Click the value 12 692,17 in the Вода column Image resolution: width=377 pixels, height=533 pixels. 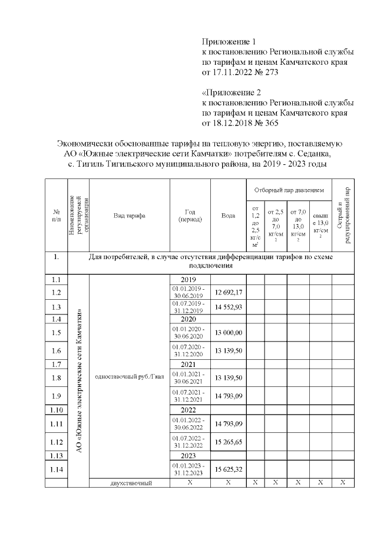pyautogui.click(x=229, y=292)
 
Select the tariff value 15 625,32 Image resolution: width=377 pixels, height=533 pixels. pyautogui.click(x=229, y=469)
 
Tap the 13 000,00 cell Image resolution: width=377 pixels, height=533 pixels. pyautogui.click(x=229, y=333)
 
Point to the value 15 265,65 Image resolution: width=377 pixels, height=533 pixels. pyautogui.click(x=229, y=442)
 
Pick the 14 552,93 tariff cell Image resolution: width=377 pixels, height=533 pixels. pyautogui.click(x=229, y=307)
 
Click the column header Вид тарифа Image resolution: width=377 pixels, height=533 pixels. pyautogui.click(x=129, y=216)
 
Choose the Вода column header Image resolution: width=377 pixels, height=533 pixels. pyautogui.click(x=229, y=216)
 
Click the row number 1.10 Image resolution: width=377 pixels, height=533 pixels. pyautogui.click(x=57, y=409)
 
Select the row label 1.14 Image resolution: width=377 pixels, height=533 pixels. pyautogui.click(x=57, y=469)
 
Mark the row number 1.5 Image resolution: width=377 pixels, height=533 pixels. pyautogui.click(x=57, y=333)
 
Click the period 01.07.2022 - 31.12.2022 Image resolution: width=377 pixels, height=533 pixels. pyautogui.click(x=190, y=442)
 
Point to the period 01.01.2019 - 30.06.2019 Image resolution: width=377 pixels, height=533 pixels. pyautogui.click(x=190, y=292)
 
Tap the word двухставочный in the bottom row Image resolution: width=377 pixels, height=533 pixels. pyautogui.click(x=129, y=483)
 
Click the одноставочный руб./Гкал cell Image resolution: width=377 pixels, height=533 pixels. pyautogui.click(x=129, y=377)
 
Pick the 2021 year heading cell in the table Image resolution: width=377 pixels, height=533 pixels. pyautogui.click(x=190, y=364)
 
